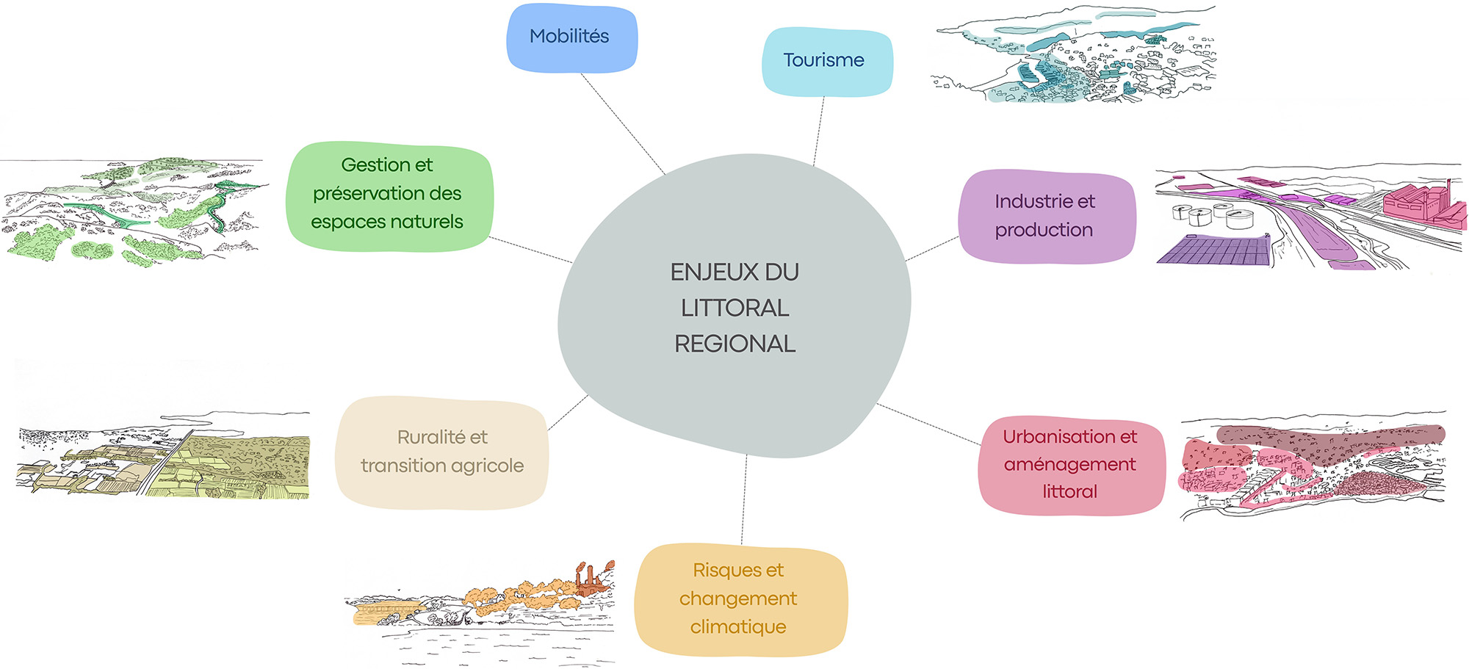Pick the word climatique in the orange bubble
[738, 627]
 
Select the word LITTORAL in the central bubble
[734, 308]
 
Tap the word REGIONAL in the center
[734, 344]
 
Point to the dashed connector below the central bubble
[744, 499]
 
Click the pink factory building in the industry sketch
[1414, 202]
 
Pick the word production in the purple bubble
[1044, 230]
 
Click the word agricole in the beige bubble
[488, 466]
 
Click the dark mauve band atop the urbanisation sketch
[1329, 435]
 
